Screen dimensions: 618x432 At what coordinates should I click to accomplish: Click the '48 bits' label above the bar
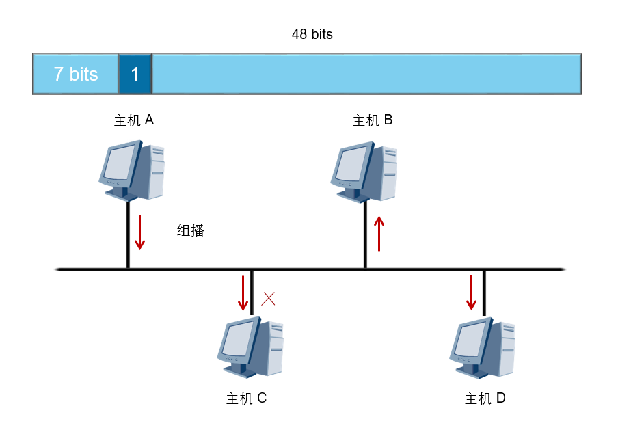coord(312,34)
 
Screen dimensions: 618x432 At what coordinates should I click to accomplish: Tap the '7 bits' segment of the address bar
coord(75,74)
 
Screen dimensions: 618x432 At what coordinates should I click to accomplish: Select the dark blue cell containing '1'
coord(135,74)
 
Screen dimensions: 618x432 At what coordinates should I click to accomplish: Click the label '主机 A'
coord(133,120)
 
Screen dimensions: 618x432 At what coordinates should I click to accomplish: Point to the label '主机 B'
coord(373,120)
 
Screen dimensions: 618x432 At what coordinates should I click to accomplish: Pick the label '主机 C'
coord(246,398)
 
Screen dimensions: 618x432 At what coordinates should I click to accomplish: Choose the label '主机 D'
coord(485,398)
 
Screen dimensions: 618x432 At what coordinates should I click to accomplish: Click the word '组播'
coord(190,230)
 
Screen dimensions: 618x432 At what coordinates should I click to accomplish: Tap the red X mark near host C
coord(269,299)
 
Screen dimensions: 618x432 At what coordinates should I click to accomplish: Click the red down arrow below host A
coord(140,232)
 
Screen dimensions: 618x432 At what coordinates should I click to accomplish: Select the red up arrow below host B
coord(379,233)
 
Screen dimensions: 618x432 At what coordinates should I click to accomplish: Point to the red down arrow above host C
coord(243,293)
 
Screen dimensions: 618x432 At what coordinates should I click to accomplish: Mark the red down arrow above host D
coord(472,293)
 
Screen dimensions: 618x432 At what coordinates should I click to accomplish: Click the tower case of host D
coord(505,349)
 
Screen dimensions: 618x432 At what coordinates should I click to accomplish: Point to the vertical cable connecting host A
coord(128,235)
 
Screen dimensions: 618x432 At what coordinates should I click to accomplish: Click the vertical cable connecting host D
coord(485,293)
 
